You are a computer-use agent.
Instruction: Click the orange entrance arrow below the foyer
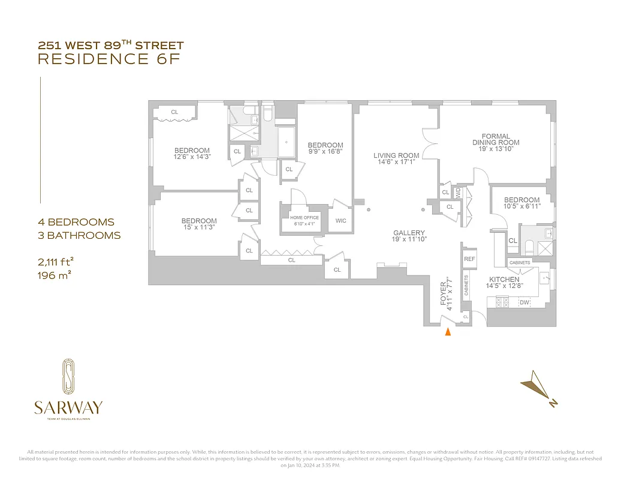tap(447, 333)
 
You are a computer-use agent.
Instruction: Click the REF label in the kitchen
tap(469, 259)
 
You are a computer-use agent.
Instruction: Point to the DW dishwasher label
tap(524, 302)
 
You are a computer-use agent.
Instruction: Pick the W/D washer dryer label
tap(458, 193)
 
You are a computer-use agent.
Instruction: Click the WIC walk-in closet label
tap(340, 221)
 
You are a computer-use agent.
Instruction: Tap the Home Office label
tap(305, 218)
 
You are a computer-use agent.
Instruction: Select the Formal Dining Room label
tap(495, 139)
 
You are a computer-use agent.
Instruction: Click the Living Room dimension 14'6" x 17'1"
tap(396, 163)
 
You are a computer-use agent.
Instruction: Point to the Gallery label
tap(409, 233)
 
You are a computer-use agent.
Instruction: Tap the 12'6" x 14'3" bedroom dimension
tap(192, 157)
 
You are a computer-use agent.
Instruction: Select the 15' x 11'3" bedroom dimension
tap(199, 228)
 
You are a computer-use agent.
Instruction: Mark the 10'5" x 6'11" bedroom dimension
tap(521, 207)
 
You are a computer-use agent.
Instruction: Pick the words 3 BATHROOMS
tap(79, 235)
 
